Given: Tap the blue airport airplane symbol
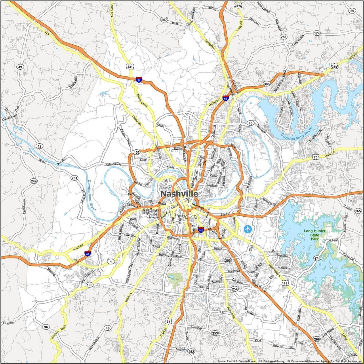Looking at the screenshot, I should [247, 229].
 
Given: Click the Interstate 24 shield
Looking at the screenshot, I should [139, 80].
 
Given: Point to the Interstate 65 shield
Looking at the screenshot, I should [226, 98].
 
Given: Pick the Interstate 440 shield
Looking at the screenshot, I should [201, 230].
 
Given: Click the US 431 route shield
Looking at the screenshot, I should [130, 67].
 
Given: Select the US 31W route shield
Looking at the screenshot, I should [238, 5].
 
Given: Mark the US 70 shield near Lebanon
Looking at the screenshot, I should [316, 157].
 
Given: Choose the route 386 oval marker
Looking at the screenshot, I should [266, 84].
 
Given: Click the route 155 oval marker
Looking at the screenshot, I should [137, 152].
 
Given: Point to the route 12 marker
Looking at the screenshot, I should [39, 146].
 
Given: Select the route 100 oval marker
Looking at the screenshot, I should [89, 285].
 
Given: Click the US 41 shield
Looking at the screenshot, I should [285, 283].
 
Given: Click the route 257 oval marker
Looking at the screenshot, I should [164, 20].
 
